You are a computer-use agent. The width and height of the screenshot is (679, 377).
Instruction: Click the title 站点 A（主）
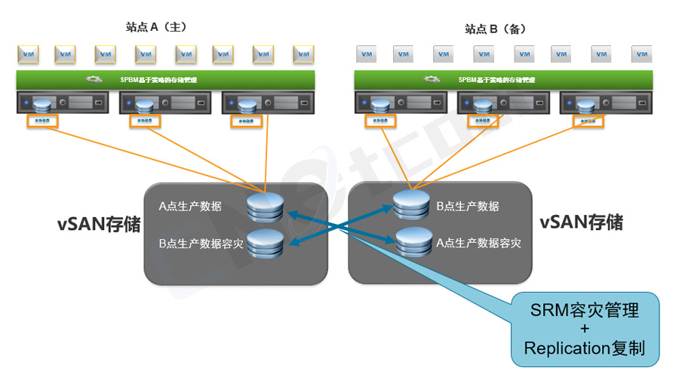pos(155,26)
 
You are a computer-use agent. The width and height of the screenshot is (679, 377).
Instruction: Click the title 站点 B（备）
pos(495,29)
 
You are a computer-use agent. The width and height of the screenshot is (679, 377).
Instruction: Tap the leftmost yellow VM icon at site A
pos(28,54)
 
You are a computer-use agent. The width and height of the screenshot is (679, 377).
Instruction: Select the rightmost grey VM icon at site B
pos(641,54)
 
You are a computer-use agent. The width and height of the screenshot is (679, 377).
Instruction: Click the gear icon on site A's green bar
pos(94,78)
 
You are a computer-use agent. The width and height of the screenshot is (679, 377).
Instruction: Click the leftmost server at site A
pos(60,103)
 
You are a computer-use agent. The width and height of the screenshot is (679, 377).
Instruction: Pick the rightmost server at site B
pos(603,103)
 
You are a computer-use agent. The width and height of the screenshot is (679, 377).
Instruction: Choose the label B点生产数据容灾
pos(201,244)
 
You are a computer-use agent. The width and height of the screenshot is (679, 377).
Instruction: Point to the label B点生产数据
pos(468,206)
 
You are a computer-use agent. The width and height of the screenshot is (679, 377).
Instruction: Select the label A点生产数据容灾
pos(478,244)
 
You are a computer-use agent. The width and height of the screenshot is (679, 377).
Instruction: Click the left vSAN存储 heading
pos(99,224)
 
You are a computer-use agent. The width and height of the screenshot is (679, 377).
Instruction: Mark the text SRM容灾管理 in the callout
pos(585,309)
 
